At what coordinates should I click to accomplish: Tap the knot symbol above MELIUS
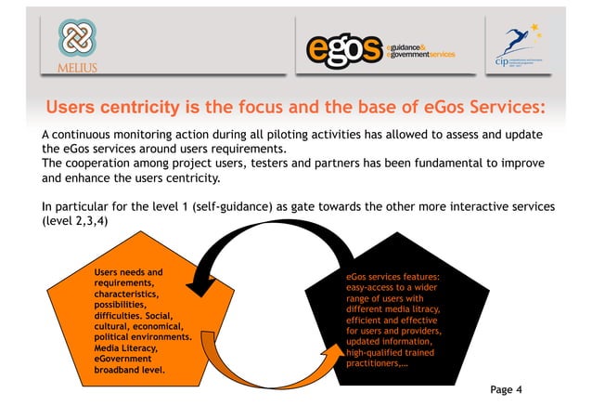(x=71, y=39)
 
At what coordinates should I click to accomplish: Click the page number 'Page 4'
(x=506, y=389)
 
